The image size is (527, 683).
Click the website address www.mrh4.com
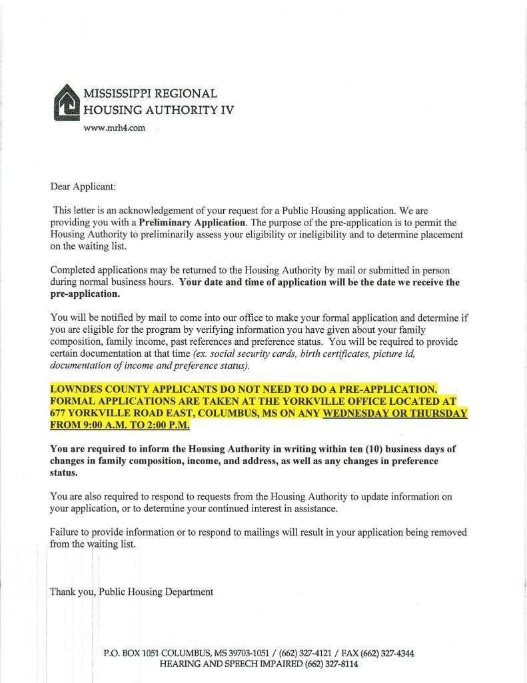tap(113, 127)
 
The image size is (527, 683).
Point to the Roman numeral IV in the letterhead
tap(227, 110)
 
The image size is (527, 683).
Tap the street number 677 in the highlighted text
tap(59, 414)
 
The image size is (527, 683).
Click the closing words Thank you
tap(72, 591)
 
